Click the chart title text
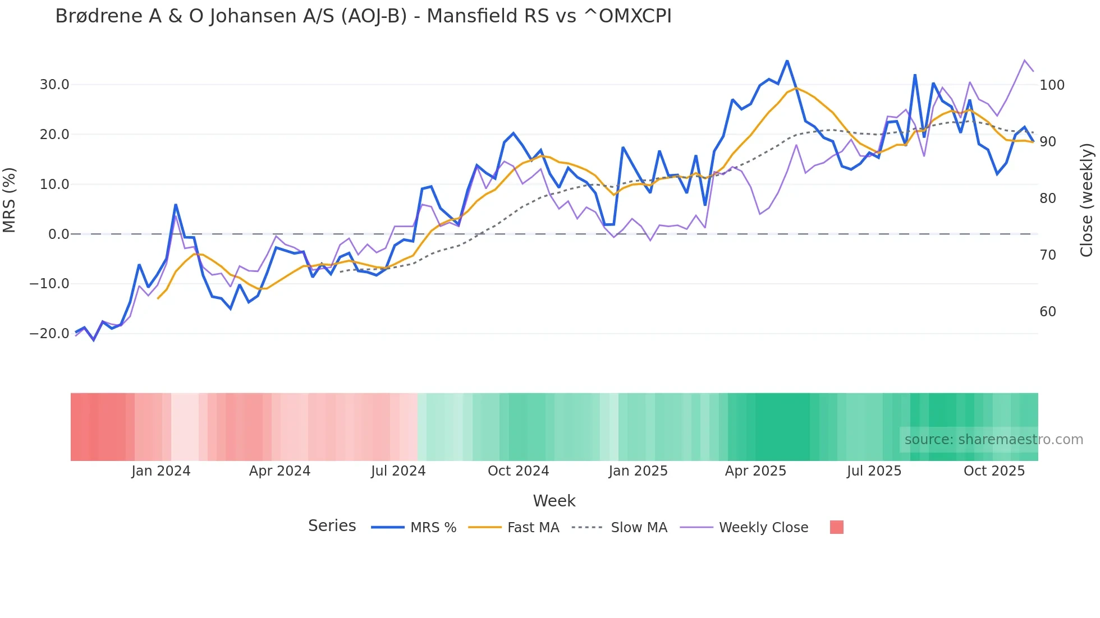pos(363,16)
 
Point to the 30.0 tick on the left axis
pos(54,85)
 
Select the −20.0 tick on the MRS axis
pos(49,334)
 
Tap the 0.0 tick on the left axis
pos(58,234)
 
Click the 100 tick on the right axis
pos(1052,85)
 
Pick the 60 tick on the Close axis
pos(1048,312)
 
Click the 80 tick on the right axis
pos(1048,199)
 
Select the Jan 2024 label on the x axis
pos(161,471)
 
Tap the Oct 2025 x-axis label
pos(994,471)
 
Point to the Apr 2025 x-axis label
pos(755,471)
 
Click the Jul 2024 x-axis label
pos(398,471)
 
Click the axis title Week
pos(554,501)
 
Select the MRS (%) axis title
pos(10,200)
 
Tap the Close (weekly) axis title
pos(1087,200)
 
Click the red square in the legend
pos(836,527)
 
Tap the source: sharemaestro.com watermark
pos(993,440)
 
